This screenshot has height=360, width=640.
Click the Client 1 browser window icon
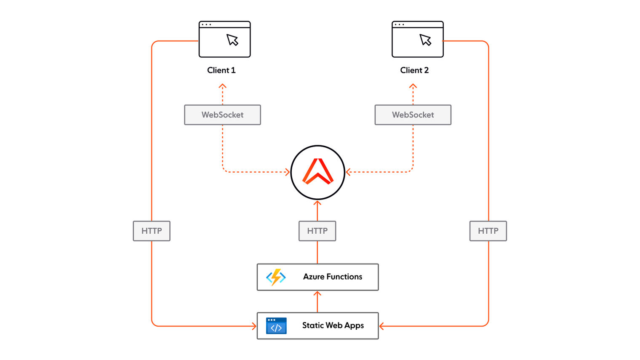click(224, 39)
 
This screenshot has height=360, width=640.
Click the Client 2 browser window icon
click(417, 39)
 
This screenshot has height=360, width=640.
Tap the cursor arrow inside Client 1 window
click(232, 40)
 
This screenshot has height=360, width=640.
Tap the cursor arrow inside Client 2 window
click(425, 40)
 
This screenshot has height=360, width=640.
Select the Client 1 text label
click(221, 70)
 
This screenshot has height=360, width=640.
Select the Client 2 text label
click(414, 70)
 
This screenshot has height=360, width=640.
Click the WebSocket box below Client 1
click(222, 115)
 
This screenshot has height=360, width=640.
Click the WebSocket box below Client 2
click(413, 115)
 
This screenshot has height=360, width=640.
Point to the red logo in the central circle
click(318, 172)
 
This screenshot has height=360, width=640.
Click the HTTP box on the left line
click(152, 231)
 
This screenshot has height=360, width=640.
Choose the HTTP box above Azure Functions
click(317, 231)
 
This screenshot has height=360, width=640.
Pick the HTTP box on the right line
click(488, 231)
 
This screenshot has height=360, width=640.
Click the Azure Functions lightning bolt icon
click(276, 277)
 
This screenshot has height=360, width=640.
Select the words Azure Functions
click(333, 277)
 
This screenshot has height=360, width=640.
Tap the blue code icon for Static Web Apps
click(276, 326)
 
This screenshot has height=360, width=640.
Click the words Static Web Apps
click(333, 325)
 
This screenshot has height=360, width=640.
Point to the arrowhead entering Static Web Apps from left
click(254, 326)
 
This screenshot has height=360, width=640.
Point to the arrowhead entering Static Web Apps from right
click(381, 326)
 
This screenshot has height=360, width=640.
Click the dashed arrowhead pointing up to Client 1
click(222, 86)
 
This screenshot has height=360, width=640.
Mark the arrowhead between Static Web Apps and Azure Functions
click(317, 293)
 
